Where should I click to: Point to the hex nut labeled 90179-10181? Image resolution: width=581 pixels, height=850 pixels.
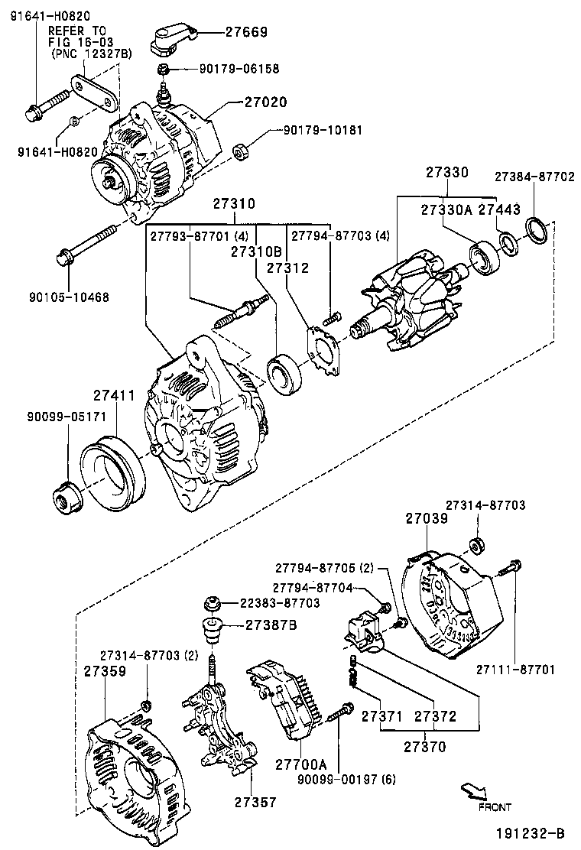238,152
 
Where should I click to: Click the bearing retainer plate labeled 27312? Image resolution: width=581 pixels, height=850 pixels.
326,351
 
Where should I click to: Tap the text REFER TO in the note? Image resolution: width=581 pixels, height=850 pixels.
77,31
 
